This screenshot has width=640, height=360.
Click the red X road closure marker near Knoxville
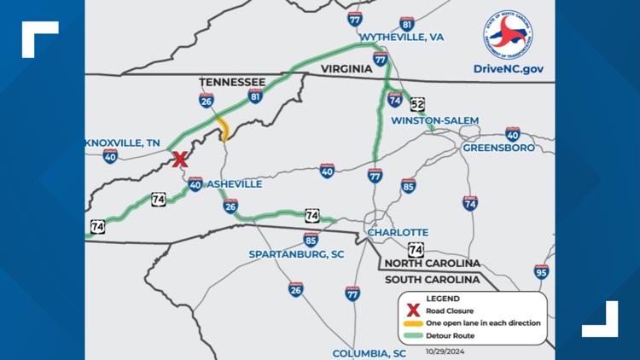point(180,159)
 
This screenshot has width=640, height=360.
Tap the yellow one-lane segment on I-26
point(223,128)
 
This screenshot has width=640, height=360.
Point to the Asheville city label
point(234,183)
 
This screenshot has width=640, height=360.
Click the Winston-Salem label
point(434,120)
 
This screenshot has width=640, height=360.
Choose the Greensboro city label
point(498,148)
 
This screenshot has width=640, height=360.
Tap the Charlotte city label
point(397,232)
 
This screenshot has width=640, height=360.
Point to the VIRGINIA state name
point(346,68)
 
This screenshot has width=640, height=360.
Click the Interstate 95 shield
point(541,271)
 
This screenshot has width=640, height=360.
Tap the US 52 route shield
point(417,104)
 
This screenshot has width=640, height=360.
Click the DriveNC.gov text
point(509,67)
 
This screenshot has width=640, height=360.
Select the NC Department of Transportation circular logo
point(509,34)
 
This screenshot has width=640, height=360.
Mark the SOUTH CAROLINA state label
point(428,280)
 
